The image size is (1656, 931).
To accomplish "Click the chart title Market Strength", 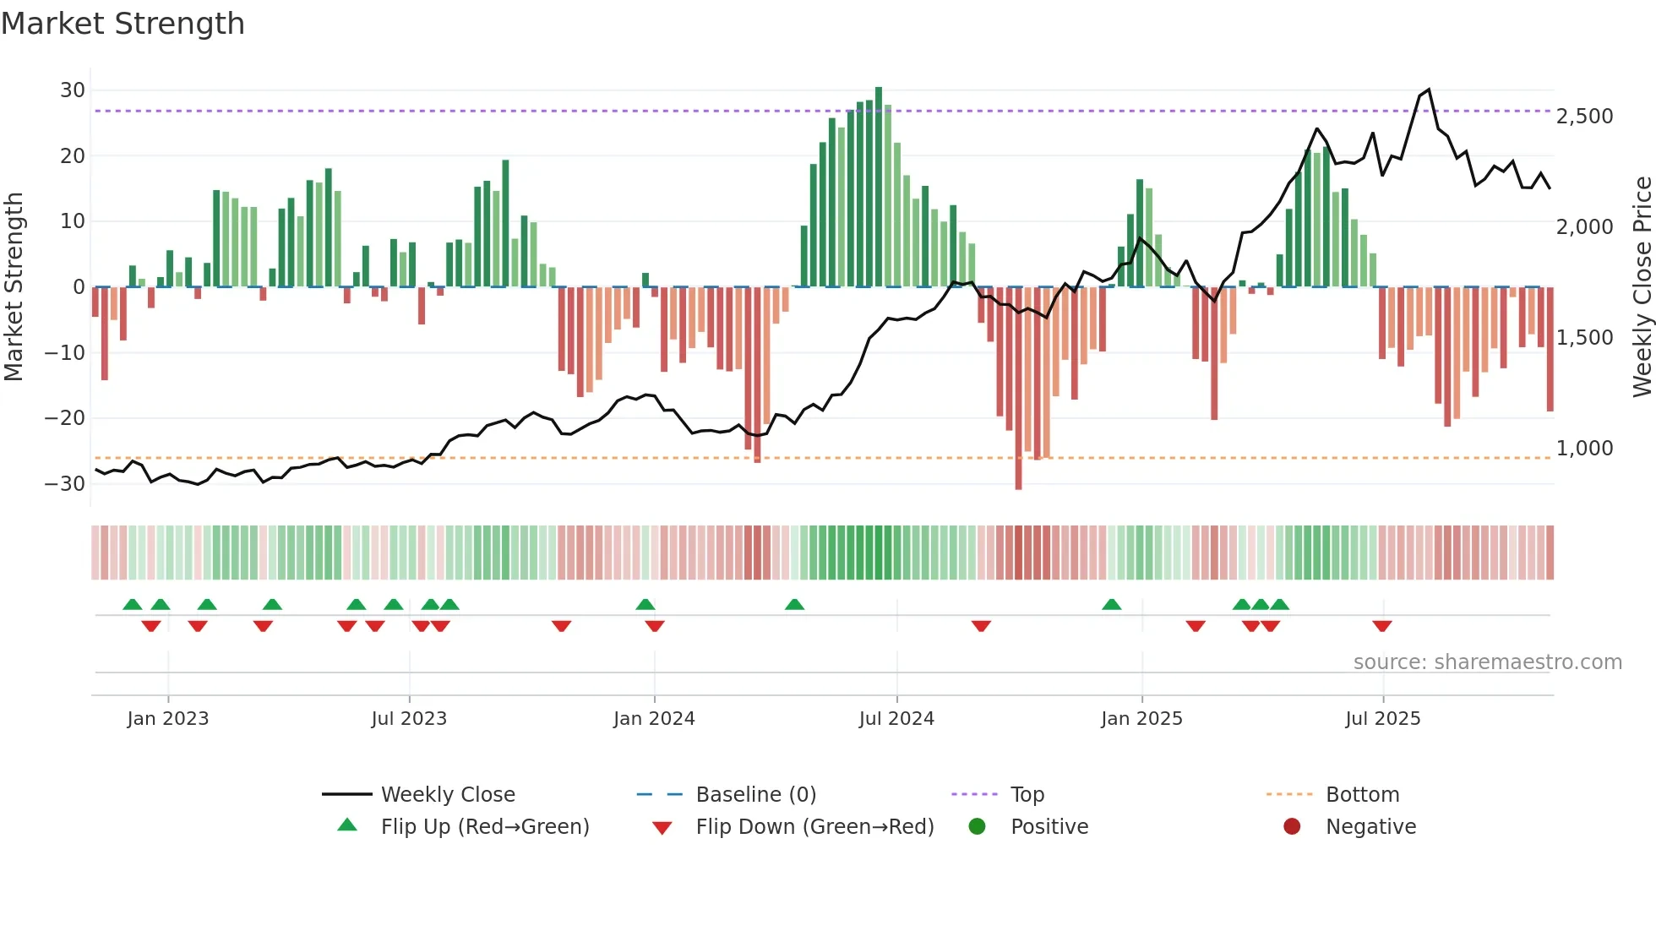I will click(123, 24).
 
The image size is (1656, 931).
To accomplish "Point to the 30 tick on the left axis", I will click(73, 90).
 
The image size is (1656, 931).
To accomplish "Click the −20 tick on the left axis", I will click(65, 418).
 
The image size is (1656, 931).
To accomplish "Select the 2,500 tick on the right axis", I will click(1584, 117).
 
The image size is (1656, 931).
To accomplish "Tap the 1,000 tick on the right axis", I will click(1584, 449).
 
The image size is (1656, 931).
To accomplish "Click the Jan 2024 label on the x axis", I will click(654, 719).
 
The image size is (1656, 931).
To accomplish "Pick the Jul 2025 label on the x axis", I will click(1382, 719).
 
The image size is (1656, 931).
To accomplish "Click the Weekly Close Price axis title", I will click(1642, 287).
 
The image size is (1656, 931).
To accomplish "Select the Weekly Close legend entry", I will click(447, 795).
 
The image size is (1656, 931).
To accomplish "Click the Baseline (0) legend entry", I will click(755, 795).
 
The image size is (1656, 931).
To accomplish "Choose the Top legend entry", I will click(1027, 795).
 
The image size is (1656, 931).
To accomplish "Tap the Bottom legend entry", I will click(1362, 795).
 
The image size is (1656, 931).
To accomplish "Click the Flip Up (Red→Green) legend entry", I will click(484, 827).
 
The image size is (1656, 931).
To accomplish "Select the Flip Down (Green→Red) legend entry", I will click(814, 827).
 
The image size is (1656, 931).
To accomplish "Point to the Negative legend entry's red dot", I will click(1292, 827).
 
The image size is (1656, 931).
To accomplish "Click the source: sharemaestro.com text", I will click(1487, 662).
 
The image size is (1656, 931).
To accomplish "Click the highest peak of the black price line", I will click(1428, 90).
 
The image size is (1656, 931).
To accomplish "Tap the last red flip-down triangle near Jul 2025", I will click(1382, 626).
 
